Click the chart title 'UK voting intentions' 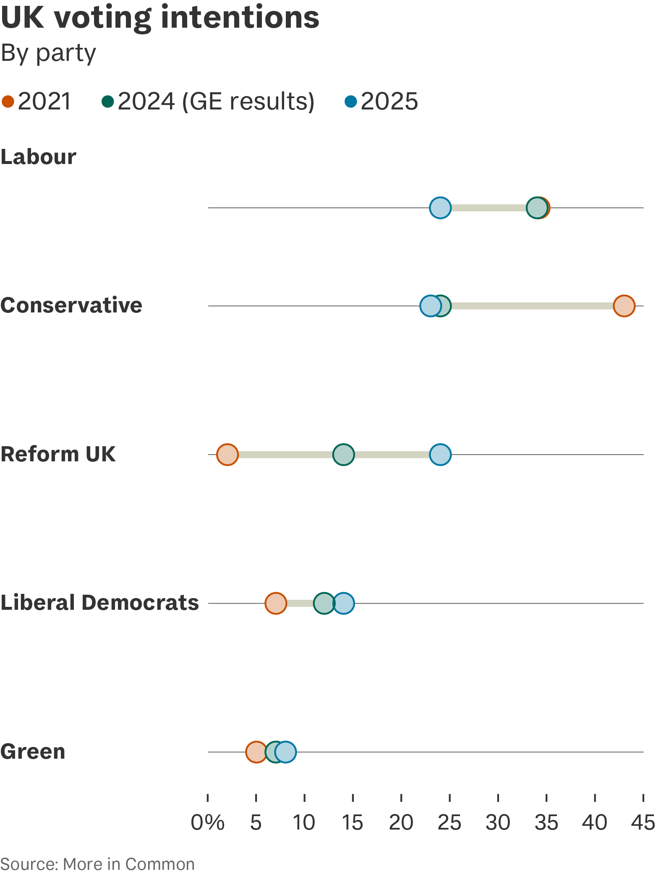click(160, 18)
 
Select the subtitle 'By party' click(48, 53)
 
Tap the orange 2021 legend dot click(8, 101)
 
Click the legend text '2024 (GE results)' click(216, 101)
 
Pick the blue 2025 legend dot click(350, 101)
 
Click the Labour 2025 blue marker click(440, 208)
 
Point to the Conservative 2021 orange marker click(624, 306)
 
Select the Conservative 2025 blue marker click(430, 306)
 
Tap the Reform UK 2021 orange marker click(227, 454)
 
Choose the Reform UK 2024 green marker click(343, 454)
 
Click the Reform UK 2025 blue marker click(440, 454)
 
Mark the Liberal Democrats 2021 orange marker click(276, 603)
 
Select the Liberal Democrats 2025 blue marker click(344, 603)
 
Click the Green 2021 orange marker click(256, 752)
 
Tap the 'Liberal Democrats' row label click(99, 603)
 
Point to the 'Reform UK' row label click(58, 454)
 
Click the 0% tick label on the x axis click(208, 823)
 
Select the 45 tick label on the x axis click(643, 823)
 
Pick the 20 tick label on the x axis click(401, 823)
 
